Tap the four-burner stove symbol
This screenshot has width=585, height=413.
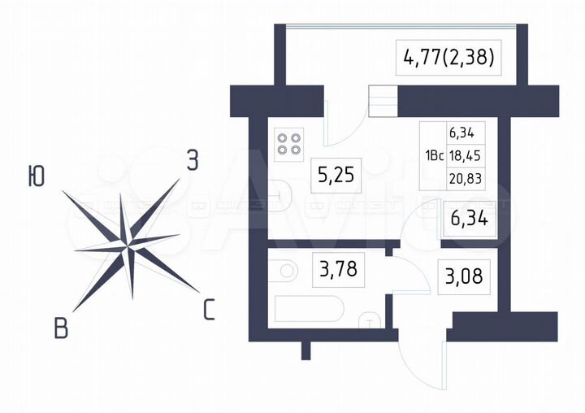[x=288, y=144]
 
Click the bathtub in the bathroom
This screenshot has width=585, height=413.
[x=310, y=310]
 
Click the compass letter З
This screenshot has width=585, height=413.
[x=192, y=160]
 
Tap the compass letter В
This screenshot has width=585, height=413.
[x=61, y=329]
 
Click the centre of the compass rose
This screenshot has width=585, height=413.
[x=128, y=241]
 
